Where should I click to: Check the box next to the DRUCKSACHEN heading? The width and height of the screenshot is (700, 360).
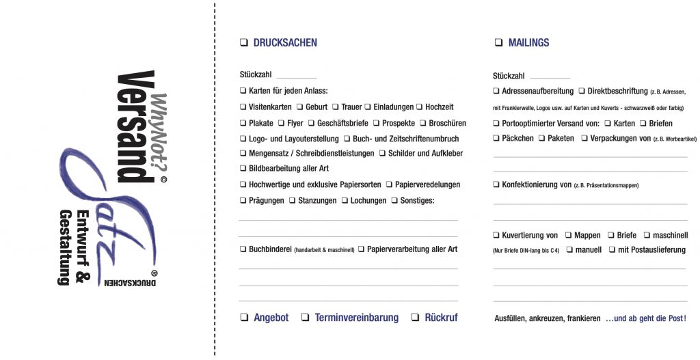pyautogui.click(x=243, y=43)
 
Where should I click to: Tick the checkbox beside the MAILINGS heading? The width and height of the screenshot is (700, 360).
pyautogui.click(x=498, y=43)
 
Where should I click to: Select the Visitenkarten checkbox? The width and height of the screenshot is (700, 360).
pyautogui.click(x=243, y=107)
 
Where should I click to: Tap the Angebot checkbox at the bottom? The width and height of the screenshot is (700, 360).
pyautogui.click(x=244, y=318)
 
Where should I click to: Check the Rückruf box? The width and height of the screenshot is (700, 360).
pyautogui.click(x=415, y=318)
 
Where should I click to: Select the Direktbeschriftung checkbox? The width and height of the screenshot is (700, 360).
pyautogui.click(x=582, y=91)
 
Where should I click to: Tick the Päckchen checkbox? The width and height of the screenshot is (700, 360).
pyautogui.click(x=496, y=138)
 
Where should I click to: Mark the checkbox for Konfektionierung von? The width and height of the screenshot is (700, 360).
pyautogui.click(x=496, y=184)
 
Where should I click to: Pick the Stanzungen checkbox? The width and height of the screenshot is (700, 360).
pyautogui.click(x=292, y=200)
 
